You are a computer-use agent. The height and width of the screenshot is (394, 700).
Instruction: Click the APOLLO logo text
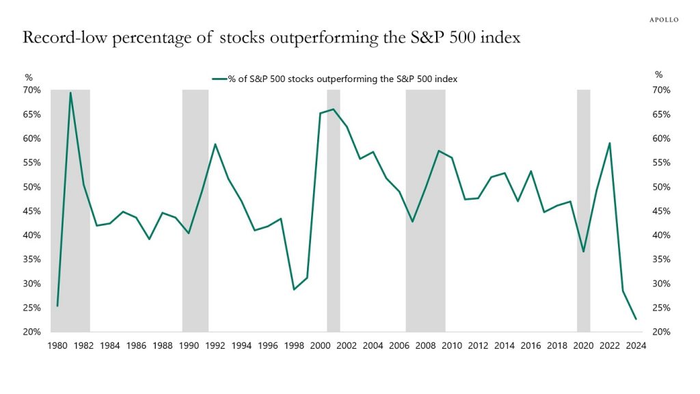tap(663, 20)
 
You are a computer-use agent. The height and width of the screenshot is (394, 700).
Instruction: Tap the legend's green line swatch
tap(219, 79)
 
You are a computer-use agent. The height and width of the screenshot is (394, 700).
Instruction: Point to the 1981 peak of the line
tap(70, 93)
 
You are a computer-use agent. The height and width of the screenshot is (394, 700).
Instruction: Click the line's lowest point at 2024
tap(636, 319)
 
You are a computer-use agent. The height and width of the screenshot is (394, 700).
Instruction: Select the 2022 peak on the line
tap(609, 143)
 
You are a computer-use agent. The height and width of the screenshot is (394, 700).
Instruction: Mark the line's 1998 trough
tap(294, 289)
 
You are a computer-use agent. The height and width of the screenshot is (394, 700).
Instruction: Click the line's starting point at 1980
tap(57, 306)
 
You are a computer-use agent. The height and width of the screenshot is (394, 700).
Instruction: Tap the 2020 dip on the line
tap(583, 252)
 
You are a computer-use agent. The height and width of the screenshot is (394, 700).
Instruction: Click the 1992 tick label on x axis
tap(215, 346)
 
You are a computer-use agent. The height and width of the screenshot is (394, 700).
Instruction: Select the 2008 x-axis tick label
tap(425, 346)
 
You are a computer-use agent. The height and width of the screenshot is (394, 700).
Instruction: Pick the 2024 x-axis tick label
tap(636, 346)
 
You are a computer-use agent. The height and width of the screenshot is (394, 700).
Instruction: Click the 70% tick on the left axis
tap(33, 90)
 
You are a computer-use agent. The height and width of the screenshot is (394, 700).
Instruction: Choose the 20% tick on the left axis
tap(33, 332)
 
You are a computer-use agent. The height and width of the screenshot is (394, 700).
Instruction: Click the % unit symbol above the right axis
tap(658, 75)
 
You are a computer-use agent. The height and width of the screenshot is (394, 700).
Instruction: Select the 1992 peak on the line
tap(215, 144)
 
